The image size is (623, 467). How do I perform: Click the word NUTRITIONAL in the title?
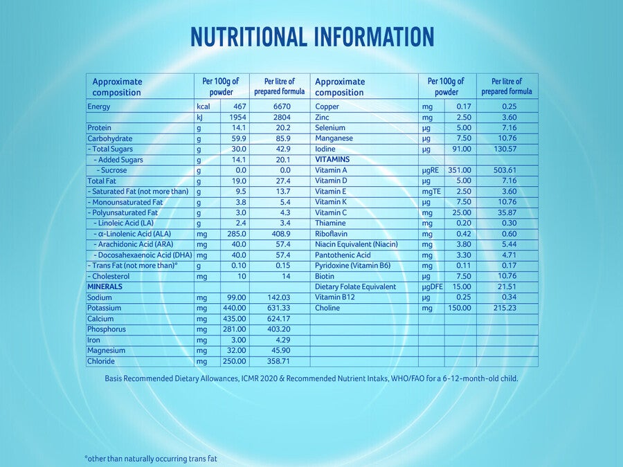(249, 37)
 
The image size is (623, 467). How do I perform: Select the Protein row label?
(99, 128)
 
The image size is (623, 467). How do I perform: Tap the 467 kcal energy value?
(240, 107)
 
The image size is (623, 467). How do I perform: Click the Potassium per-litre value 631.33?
(279, 308)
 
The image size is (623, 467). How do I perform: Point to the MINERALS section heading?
(105, 286)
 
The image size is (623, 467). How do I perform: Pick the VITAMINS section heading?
(332, 160)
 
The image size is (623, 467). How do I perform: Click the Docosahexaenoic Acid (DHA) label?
(143, 255)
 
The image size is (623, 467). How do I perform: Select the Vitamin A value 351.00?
(460, 170)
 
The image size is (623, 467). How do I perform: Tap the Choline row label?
(327, 308)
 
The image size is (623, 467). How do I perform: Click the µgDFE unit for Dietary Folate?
(432, 286)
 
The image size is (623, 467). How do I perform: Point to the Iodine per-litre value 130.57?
(505, 149)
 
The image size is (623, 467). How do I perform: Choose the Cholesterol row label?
(109, 276)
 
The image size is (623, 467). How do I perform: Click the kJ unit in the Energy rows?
(200, 118)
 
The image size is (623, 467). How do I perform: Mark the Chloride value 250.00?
(235, 361)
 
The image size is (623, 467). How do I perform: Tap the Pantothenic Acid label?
(343, 255)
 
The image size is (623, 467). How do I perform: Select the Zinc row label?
(322, 117)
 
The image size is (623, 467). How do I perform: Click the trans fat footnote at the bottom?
(151, 459)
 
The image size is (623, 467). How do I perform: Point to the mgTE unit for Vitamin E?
(431, 192)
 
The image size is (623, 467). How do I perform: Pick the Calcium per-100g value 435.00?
(235, 319)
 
